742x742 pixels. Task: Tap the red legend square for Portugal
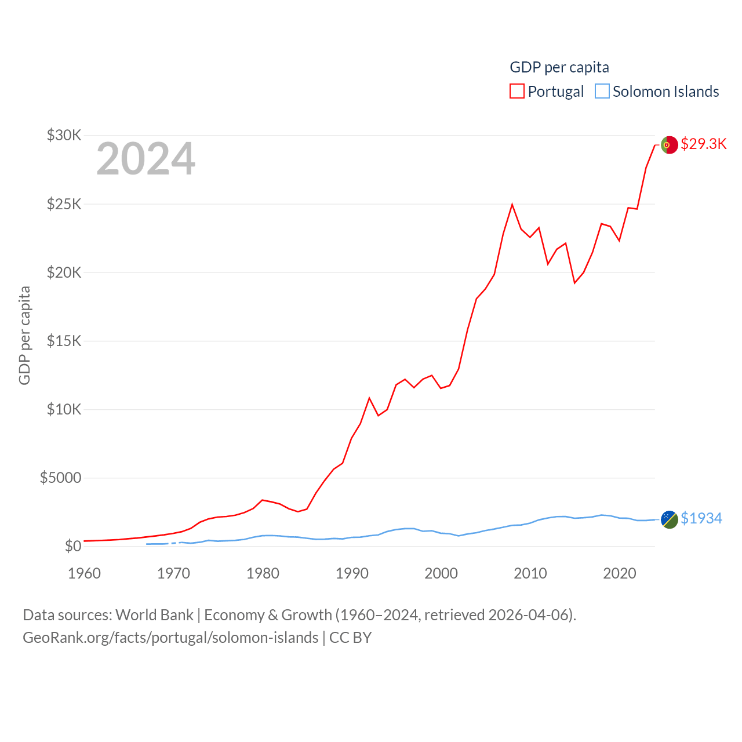click(517, 92)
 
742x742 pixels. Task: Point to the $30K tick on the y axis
click(64, 135)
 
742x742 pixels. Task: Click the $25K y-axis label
click(64, 204)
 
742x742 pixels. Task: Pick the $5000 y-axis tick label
click(60, 478)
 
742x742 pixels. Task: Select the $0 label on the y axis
click(72, 546)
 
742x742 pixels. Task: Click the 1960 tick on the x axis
click(85, 573)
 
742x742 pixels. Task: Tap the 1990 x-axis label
click(352, 573)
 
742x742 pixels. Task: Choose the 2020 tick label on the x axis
click(620, 573)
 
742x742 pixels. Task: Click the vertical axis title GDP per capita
click(24, 335)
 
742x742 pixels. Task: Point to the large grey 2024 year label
click(146, 159)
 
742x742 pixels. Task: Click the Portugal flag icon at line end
click(670, 145)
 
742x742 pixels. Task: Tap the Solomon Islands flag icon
click(670, 519)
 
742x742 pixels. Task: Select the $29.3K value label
click(703, 144)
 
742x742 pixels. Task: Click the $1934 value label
click(701, 518)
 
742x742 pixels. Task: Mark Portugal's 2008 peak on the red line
click(512, 205)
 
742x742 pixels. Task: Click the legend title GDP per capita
click(559, 67)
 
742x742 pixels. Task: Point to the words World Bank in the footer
click(154, 614)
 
